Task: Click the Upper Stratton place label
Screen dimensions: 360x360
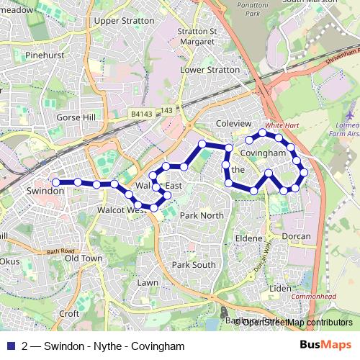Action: [124, 21]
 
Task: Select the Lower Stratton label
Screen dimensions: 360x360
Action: [210, 71]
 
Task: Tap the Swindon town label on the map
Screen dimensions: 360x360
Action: [45, 192]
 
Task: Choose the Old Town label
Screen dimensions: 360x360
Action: [84, 258]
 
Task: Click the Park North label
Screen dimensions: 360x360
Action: [202, 215]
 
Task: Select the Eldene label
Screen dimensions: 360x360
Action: [249, 237]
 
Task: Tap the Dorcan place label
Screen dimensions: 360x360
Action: [295, 236]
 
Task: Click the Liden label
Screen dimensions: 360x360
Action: [280, 289]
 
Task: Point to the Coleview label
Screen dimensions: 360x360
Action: [233, 124]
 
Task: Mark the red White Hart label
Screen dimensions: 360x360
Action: [282, 125]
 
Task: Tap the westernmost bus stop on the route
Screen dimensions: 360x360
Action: [55, 182]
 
